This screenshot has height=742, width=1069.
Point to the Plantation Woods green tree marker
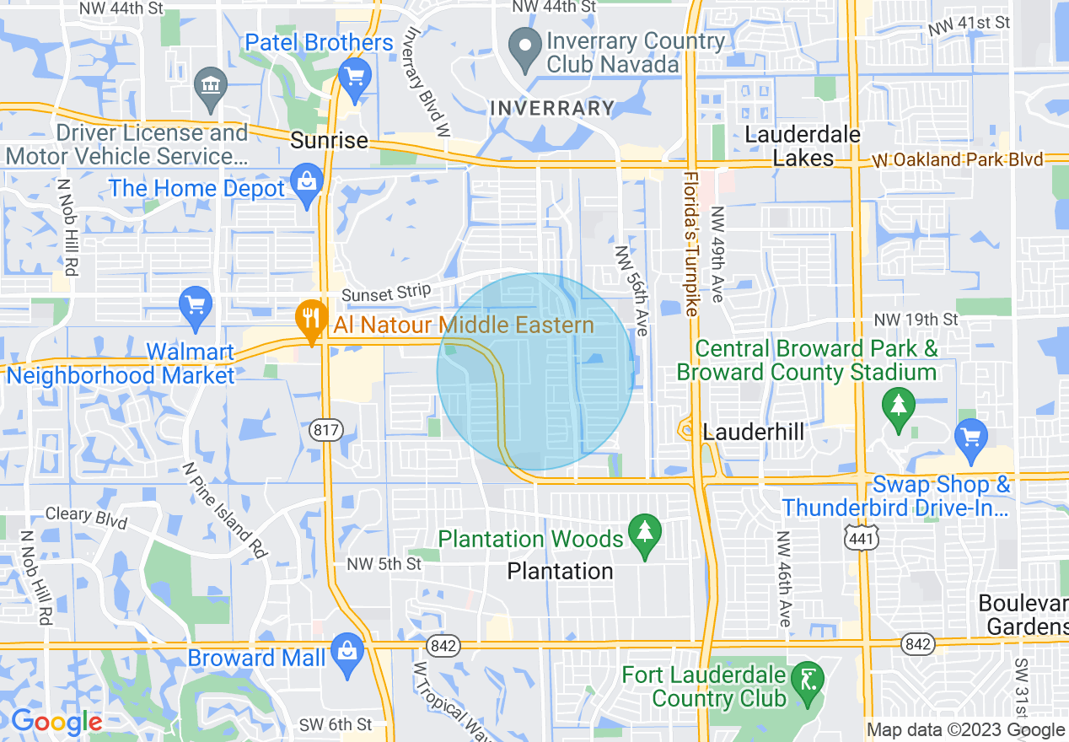tap(645, 534)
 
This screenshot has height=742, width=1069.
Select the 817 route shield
tap(326, 430)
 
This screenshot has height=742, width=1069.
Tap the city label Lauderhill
tap(753, 432)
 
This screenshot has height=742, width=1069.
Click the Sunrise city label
tap(329, 140)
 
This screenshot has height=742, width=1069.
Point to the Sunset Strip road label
tap(386, 293)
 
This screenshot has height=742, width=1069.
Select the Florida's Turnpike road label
tap(691, 244)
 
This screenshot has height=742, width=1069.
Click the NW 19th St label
tap(916, 320)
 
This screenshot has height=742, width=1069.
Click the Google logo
tap(56, 723)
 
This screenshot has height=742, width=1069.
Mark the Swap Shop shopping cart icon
tap(972, 438)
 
